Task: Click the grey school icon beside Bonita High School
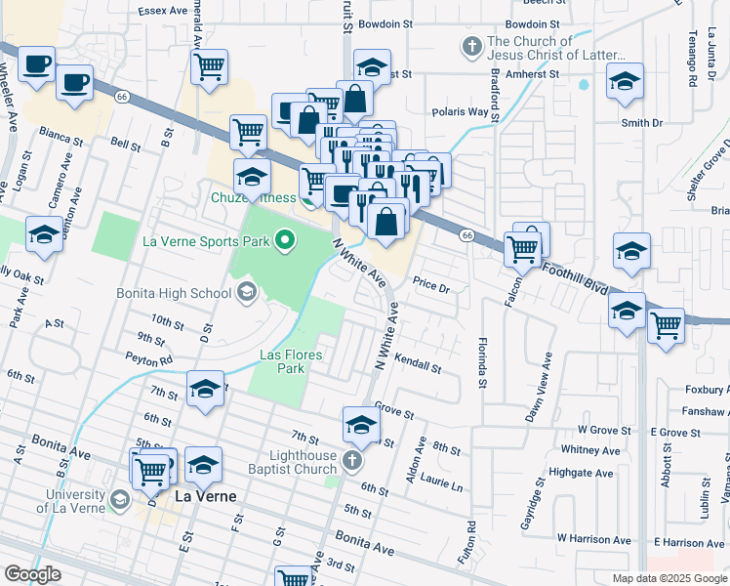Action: (x=247, y=291)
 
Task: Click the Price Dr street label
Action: (x=429, y=288)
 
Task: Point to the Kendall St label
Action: (x=419, y=365)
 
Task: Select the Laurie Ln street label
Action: (x=443, y=486)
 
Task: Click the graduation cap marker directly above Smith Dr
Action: (x=626, y=82)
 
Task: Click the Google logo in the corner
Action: (x=33, y=574)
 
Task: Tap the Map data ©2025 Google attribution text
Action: (x=669, y=577)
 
